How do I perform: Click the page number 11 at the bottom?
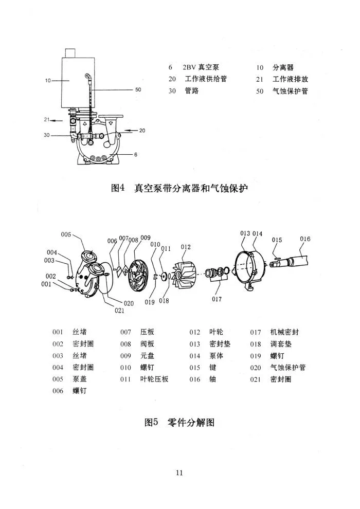pos(179,473)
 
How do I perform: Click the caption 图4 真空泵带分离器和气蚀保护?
pos(179,189)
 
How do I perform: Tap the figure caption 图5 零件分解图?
pos(179,423)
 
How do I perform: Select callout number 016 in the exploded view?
pos(305,239)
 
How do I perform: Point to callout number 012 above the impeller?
pos(186,247)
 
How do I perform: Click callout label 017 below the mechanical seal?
pos(217,299)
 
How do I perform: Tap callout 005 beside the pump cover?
pos(66,234)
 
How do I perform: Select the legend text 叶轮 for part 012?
pos(216,332)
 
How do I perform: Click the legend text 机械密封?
pos(284,332)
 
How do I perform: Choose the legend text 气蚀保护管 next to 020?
pos(288,368)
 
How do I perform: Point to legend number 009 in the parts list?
pos(126,356)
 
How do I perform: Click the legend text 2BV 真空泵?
pos(201,67)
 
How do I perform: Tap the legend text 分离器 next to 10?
pos(283,67)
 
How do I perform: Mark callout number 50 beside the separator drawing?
pos(138,89)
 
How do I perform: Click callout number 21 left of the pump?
pos(46,120)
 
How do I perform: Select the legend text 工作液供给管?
pos(206,79)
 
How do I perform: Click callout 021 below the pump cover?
pos(119,310)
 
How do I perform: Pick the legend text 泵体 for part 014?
pos(216,356)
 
